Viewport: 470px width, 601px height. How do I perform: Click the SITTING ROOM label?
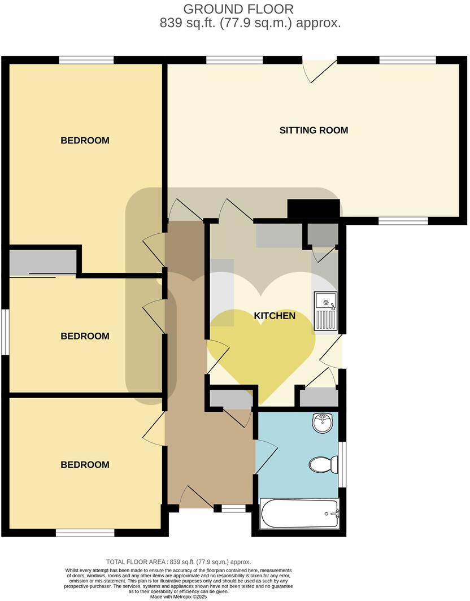click(x=314, y=130)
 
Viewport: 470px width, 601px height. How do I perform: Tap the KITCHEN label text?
click(x=275, y=316)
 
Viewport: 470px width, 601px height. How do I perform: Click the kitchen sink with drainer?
click(x=326, y=311)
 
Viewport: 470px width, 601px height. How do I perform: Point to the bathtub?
click(x=299, y=513)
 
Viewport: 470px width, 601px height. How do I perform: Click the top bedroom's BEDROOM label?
click(x=85, y=141)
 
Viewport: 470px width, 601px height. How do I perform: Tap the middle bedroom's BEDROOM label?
click(x=85, y=336)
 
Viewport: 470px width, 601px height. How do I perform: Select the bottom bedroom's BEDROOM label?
click(x=85, y=465)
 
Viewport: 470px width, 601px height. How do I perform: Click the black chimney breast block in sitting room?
click(x=314, y=208)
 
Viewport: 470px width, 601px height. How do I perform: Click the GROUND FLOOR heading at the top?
click(x=238, y=9)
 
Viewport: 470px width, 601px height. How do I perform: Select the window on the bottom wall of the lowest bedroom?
click(x=85, y=533)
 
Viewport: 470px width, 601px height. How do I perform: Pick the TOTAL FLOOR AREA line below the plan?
click(x=179, y=562)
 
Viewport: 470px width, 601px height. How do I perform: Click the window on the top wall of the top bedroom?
click(x=86, y=60)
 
